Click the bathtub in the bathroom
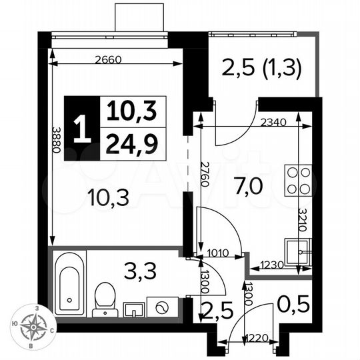point(68,284)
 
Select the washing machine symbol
point(163,307)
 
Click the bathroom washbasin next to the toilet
point(133,309)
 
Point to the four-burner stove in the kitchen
point(298,181)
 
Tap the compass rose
point(31,327)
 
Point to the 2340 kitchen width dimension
point(274,122)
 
